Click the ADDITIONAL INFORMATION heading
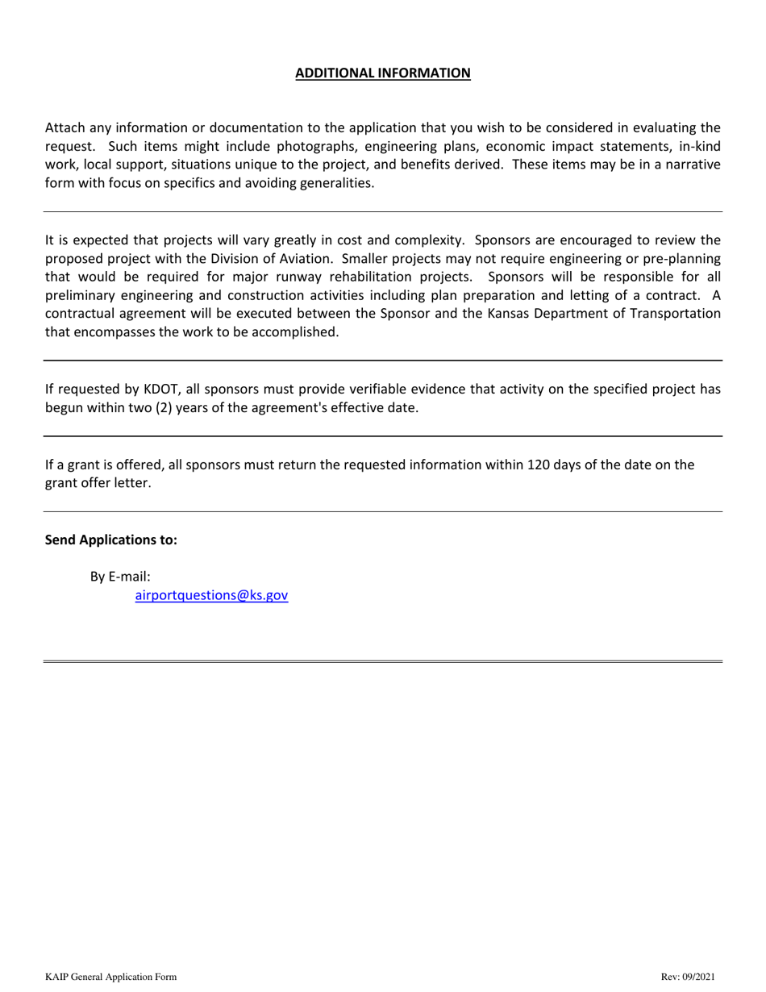click(382, 73)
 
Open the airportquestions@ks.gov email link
click(211, 596)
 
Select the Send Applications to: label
click(110, 540)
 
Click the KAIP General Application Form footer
click(110, 977)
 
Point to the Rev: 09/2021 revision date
click(687, 977)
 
